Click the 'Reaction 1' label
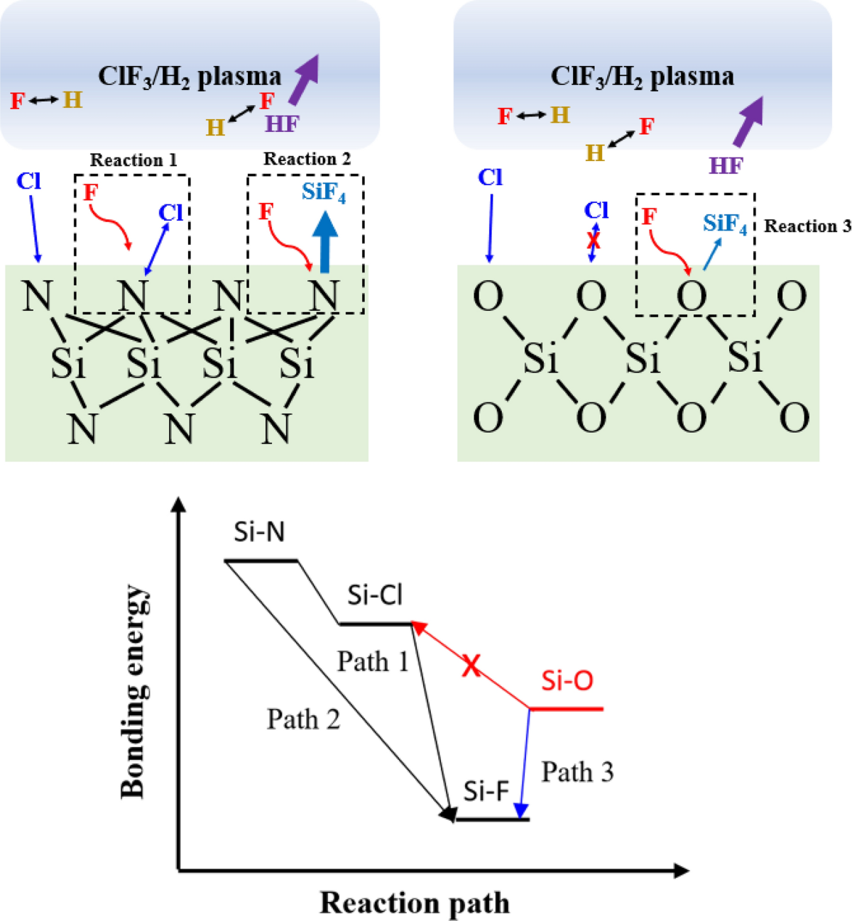coord(133,160)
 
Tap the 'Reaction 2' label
coord(307,159)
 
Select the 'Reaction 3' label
coord(807,226)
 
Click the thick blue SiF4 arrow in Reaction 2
coord(326,242)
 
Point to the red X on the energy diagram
coord(471,666)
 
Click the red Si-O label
coord(567,681)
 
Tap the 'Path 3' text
coord(577,772)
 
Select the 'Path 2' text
coord(303,719)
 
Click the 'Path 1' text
coord(373,662)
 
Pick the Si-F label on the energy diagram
coord(486,791)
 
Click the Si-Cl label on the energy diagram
coord(375,595)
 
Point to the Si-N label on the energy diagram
coord(259,531)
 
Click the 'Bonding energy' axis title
coord(134,691)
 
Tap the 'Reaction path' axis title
coord(415,903)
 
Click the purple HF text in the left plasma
coord(282,124)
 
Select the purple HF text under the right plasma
coord(726,166)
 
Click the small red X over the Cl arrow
coord(594,241)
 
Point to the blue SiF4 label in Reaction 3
coord(725,224)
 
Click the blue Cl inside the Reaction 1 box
coord(170,212)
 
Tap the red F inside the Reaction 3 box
coord(649,216)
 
